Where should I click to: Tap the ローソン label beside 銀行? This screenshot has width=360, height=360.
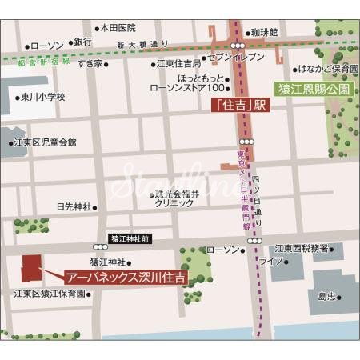[x=46, y=45]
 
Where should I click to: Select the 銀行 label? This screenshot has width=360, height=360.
[x=83, y=42]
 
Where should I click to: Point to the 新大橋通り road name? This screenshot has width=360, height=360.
[x=142, y=45]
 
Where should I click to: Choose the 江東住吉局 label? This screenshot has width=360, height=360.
[x=178, y=63]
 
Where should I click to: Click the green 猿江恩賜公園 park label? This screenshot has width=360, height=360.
[x=314, y=89]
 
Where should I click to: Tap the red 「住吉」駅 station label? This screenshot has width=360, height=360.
[x=238, y=105]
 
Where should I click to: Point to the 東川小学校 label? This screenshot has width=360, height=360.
[x=42, y=97]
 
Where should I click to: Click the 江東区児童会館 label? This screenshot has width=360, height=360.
[x=46, y=142]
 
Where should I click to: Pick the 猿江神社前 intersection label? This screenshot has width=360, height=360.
[x=130, y=238]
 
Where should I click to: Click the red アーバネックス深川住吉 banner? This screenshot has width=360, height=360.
[x=126, y=278]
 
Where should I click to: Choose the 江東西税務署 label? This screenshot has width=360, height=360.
[x=300, y=248]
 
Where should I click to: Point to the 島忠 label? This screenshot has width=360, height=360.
[x=326, y=296]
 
